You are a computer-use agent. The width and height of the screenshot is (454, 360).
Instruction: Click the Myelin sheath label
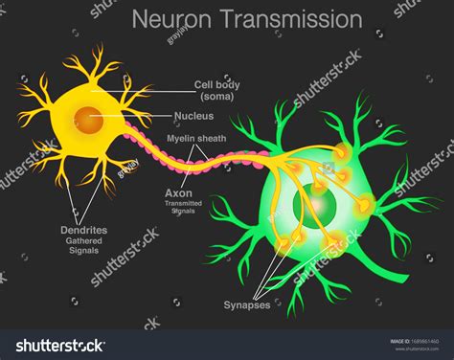coord(196,139)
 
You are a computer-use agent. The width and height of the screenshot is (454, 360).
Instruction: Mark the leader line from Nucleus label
coord(144,119)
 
